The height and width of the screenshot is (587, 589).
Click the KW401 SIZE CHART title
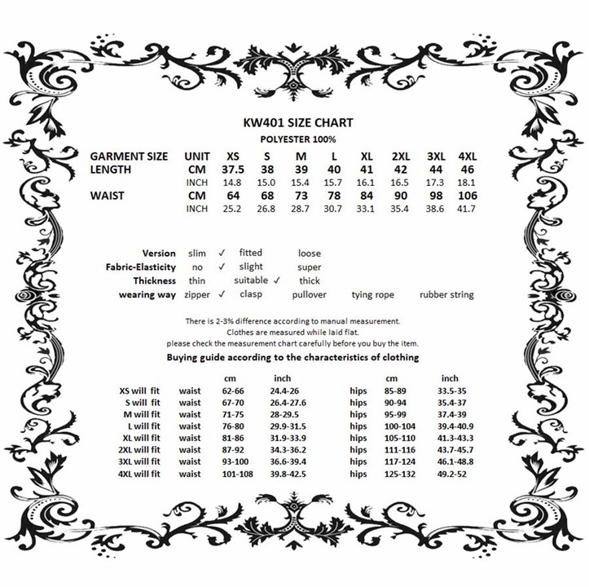tap(298, 122)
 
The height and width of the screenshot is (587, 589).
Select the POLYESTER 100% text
tap(298, 139)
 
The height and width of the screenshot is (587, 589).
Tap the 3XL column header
tap(437, 156)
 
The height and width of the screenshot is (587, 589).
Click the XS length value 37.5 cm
tap(233, 169)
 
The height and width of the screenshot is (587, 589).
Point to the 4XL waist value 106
tap(468, 196)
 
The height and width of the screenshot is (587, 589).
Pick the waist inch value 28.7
tap(301, 210)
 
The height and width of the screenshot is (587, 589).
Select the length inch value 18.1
tap(468, 183)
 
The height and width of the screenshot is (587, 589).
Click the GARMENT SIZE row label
tap(129, 156)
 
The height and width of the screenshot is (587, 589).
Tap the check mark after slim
tap(222, 253)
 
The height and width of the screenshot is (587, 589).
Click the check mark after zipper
tap(222, 293)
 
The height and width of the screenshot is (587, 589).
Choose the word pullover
tap(310, 294)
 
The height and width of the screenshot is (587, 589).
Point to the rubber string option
tap(446, 294)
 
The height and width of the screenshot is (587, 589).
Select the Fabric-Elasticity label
tap(140, 267)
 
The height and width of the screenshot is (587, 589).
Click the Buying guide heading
tap(293, 357)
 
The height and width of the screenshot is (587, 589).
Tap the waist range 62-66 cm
tap(237, 391)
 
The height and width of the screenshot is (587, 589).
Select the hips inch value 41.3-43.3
tap(456, 438)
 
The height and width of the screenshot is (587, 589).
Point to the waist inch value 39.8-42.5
tap(289, 473)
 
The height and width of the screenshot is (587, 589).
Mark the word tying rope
tap(373, 294)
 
